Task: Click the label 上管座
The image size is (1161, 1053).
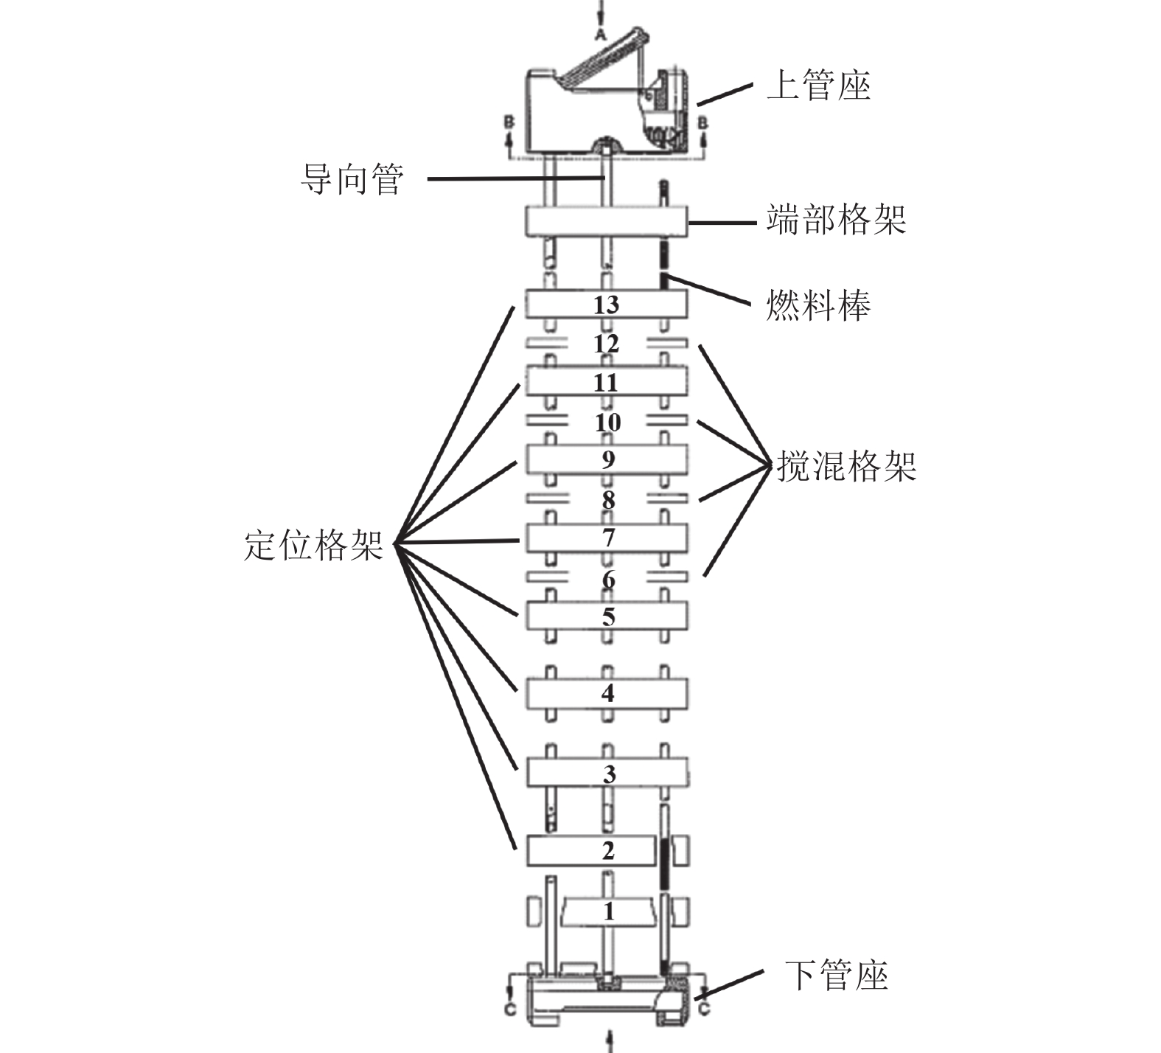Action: point(818,86)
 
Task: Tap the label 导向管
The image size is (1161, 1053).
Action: point(352,179)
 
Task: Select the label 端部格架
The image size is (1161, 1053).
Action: point(835,220)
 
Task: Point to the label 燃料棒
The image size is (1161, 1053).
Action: point(818,305)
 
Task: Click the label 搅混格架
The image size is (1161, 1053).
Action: point(846,466)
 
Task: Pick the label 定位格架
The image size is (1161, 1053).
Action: point(314,546)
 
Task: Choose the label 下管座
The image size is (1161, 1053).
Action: point(836,975)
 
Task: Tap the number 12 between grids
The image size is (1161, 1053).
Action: point(606,344)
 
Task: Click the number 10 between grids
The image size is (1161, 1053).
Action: point(607,423)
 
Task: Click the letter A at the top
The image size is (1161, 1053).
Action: point(601,35)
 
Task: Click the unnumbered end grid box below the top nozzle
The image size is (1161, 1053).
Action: point(606,220)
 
